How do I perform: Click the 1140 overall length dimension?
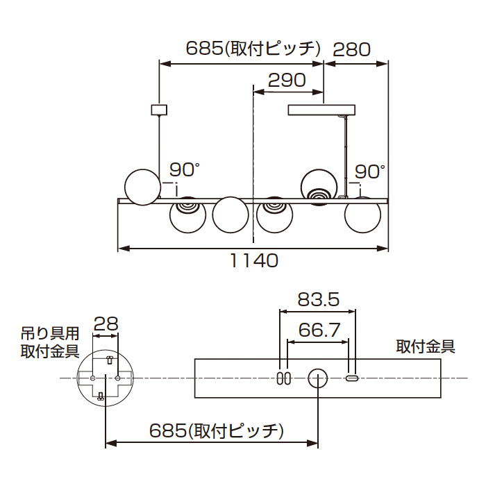[254, 261]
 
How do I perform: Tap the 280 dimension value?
[352, 49]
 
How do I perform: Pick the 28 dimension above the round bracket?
[105, 323]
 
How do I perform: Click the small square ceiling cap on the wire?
[160, 109]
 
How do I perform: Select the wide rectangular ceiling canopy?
[322, 110]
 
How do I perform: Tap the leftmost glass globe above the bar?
[142, 187]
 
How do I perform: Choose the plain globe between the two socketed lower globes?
[230, 215]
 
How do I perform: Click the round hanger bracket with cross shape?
[104, 378]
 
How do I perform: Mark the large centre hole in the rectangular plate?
[318, 378]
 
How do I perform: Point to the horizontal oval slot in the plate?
[352, 378]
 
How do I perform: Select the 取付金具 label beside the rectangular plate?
[426, 346]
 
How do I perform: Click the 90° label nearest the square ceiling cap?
[185, 169]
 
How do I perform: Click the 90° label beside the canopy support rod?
[370, 171]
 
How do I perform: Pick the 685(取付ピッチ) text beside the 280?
[253, 49]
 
